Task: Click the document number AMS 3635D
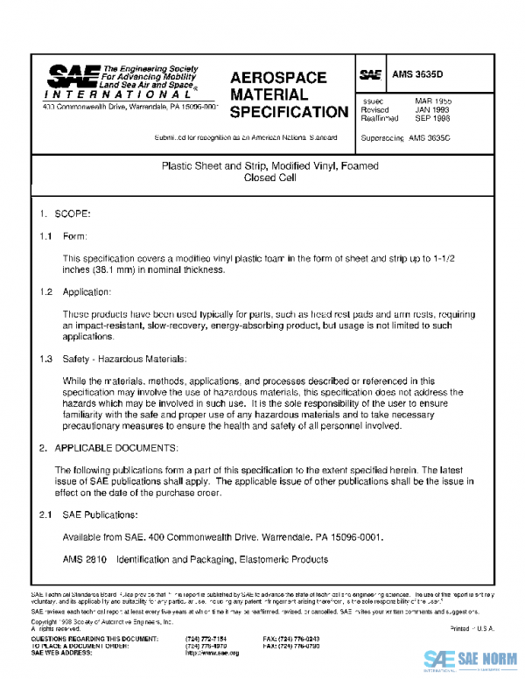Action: [419, 76]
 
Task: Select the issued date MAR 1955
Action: [432, 101]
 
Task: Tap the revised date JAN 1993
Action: [432, 110]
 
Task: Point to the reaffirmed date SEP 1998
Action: [432, 119]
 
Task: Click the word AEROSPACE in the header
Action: [278, 78]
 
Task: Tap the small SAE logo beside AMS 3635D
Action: [370, 76]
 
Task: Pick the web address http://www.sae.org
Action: [213, 653]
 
